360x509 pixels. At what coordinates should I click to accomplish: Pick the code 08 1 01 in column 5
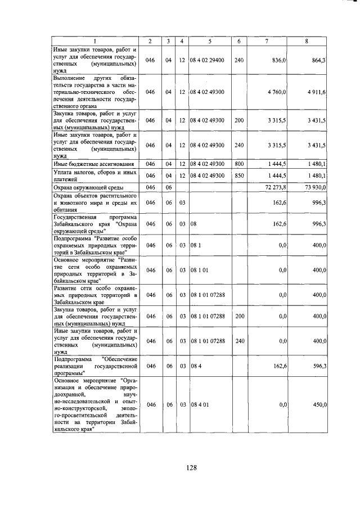[x=199, y=270]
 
